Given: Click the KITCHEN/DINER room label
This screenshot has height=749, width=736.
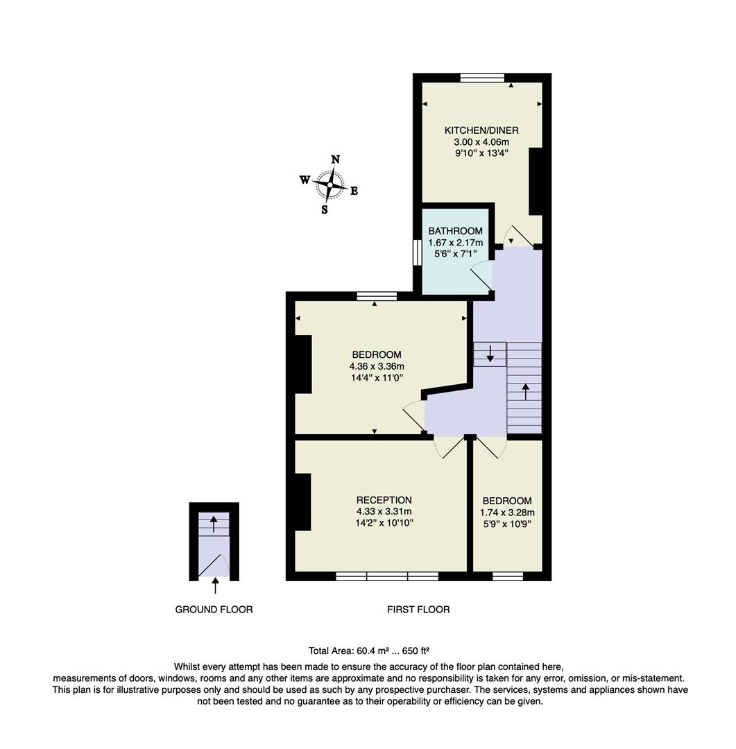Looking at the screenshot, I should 481,130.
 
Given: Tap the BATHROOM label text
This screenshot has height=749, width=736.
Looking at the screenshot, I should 455,231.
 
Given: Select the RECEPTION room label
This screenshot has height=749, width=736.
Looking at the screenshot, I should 384,500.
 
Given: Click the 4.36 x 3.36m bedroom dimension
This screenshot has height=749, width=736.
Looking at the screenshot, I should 377,366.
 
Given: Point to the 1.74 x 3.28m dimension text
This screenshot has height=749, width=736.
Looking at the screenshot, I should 507,513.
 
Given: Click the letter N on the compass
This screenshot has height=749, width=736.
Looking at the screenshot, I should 335,160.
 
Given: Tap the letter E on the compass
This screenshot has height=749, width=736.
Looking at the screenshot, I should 354,191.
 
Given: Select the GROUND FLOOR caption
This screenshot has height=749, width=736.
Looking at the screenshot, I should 214,610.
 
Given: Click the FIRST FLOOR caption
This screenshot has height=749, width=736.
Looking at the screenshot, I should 418,610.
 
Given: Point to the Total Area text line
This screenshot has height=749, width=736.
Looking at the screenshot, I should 368,651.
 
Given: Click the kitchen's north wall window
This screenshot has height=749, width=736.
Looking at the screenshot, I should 482,78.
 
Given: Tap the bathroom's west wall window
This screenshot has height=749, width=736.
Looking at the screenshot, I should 418,252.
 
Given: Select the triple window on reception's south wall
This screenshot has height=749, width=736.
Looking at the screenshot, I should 387,576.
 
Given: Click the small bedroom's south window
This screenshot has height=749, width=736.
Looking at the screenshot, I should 508,576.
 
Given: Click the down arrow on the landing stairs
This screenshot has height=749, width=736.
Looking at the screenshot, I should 490,355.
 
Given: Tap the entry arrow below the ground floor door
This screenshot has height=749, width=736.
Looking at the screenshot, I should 214,587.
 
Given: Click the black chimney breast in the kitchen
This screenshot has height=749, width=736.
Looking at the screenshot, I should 536,181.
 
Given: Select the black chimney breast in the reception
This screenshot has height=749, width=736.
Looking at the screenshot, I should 302,502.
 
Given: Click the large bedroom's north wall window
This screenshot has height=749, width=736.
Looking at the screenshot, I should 377,296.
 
